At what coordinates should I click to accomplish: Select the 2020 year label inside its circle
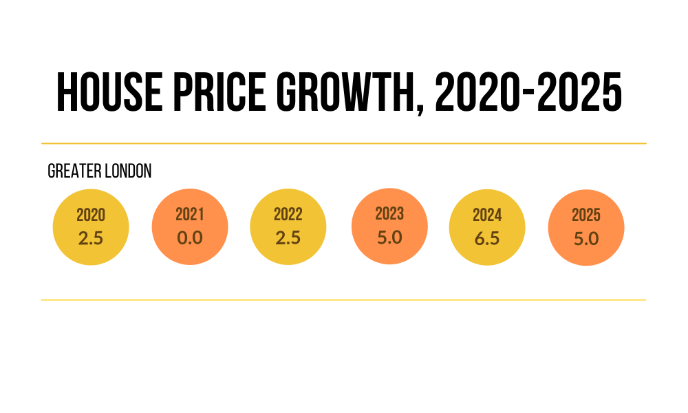(x=91, y=215)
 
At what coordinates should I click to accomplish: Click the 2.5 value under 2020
(x=91, y=238)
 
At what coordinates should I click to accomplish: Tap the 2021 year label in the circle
(x=189, y=215)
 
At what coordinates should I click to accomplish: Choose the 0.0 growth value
(x=189, y=237)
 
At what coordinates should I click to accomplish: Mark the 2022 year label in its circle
(x=288, y=215)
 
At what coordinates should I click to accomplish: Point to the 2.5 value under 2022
(x=288, y=237)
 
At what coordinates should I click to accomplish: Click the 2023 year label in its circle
(x=389, y=213)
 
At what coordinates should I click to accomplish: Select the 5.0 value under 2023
(x=389, y=236)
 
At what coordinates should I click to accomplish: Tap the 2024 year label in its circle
(x=487, y=215)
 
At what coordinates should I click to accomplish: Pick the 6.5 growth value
(x=487, y=238)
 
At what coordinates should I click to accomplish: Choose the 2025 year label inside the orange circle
(x=586, y=215)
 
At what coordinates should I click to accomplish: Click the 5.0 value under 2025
(x=586, y=239)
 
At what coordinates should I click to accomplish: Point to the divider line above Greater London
(x=344, y=143)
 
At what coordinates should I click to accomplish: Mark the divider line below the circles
(x=344, y=300)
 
